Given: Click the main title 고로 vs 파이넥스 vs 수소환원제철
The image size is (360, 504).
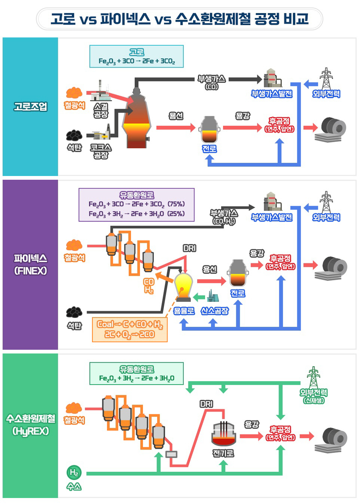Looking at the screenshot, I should coord(179,19).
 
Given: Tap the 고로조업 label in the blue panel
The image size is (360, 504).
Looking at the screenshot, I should coord(30,107).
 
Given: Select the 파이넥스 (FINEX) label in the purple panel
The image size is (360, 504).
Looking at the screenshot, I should coord(30,264).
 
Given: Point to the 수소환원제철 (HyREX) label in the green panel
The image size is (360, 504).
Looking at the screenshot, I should coord(30,425).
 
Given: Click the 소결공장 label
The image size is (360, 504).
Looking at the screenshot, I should coord(100,111).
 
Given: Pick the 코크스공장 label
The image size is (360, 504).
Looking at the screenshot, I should coord(100,151).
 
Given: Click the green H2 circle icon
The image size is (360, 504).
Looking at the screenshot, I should coord(74,472).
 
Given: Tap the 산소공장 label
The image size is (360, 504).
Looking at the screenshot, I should coord(214,311).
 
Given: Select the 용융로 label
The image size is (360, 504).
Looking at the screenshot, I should coord(184,311).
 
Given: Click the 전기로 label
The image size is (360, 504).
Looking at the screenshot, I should coord(223,453).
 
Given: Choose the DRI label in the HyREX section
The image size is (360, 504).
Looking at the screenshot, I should coord(206,404).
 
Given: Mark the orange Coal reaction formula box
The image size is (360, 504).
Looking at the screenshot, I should coord(130,329).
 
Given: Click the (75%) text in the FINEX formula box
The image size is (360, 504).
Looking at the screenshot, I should coord(176,204).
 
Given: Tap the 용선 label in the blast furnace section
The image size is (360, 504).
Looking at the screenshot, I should coord(176,116).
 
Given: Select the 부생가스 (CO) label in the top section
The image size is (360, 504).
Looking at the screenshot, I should coord(211,82).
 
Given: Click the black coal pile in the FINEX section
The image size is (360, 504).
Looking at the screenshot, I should coord(74,312).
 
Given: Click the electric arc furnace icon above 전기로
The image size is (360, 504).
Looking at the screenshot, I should coord(223,434).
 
